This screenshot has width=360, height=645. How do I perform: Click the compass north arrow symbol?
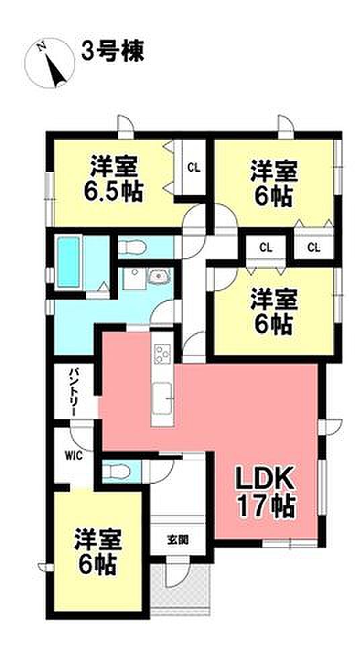click(x=49, y=63)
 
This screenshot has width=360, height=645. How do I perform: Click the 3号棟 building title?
click(x=112, y=52)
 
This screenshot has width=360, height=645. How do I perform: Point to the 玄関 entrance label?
click(x=178, y=540)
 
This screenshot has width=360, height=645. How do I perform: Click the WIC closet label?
click(x=74, y=456)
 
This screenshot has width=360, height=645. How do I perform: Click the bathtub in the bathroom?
click(x=69, y=262)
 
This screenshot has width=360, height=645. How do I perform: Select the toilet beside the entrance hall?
click(x=116, y=472)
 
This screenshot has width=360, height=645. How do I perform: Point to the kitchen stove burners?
click(x=162, y=353)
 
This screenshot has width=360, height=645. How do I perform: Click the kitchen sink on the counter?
click(x=162, y=398)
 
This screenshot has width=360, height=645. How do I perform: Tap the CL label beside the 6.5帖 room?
click(x=194, y=167)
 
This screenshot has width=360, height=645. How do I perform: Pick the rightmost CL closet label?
click(x=314, y=248)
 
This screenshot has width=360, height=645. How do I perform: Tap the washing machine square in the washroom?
click(x=134, y=279)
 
